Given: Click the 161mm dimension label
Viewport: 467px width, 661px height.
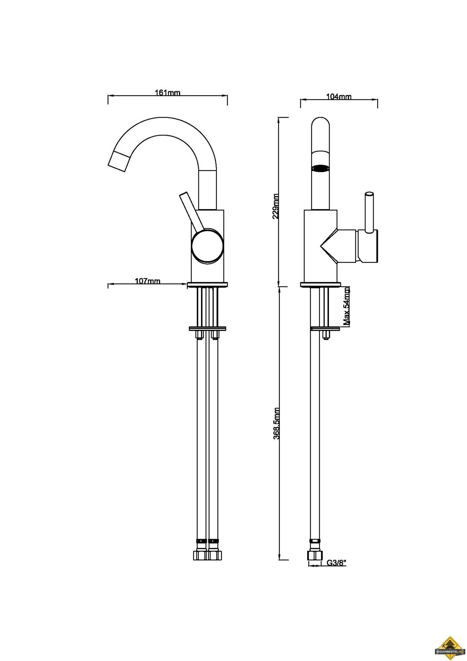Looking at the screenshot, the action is [168, 93].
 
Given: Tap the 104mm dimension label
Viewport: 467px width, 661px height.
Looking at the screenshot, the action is [339, 97].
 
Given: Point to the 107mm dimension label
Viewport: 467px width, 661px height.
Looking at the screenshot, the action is [148, 281].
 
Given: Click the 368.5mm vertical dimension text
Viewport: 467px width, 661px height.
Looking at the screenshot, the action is [276, 423].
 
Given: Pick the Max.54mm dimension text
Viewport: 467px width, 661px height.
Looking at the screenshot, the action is [346, 306].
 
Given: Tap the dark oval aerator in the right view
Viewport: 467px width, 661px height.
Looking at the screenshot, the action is [321, 168].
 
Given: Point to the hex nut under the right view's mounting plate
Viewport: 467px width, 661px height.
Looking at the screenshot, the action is [325, 334].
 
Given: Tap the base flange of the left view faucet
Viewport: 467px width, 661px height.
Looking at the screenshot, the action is [207, 284].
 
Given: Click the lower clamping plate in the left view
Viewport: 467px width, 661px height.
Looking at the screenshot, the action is [207, 329].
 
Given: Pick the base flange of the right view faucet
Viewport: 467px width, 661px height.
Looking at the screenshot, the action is [320, 284].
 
